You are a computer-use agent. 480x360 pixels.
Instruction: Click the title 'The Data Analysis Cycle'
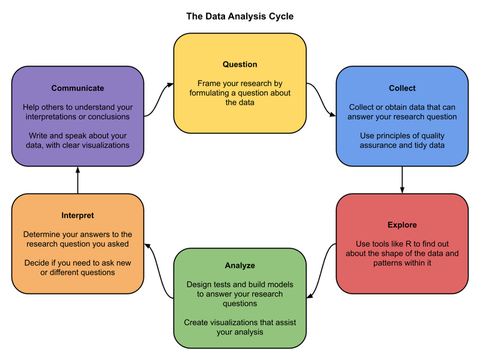tap(240, 16)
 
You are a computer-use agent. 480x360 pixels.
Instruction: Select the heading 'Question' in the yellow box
tap(240, 64)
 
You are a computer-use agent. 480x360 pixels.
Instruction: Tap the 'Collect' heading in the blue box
tap(402, 88)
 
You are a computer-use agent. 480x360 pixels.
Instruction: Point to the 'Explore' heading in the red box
tap(402, 224)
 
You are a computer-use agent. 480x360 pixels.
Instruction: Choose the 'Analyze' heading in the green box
tap(240, 266)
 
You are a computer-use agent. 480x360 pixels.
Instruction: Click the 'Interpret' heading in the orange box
tap(77, 215)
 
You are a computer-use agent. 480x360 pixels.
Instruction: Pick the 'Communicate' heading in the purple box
tap(77, 88)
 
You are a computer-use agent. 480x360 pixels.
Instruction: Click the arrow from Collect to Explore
tap(402, 179)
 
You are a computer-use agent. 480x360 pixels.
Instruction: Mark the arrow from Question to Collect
tap(321, 100)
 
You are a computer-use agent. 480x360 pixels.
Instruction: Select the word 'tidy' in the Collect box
tap(423, 145)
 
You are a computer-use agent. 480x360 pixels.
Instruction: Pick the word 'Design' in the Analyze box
tap(200, 284)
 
